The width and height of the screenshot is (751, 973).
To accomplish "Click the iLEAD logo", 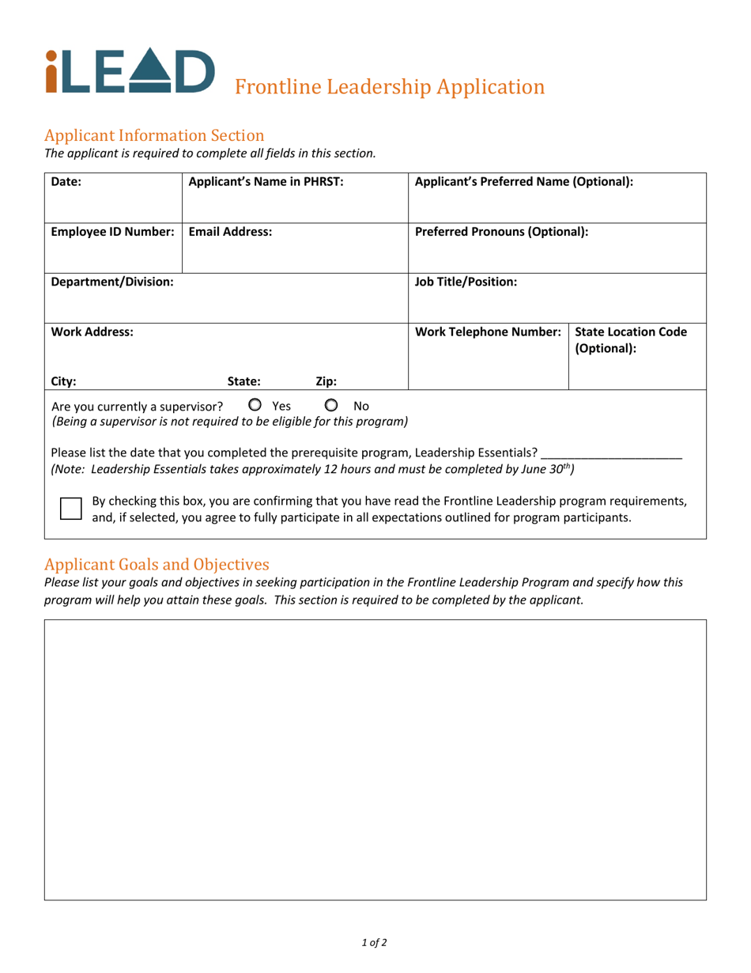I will [x=130, y=71].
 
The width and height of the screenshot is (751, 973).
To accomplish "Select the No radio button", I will [x=332, y=405].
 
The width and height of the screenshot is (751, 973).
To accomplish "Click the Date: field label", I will [x=66, y=181].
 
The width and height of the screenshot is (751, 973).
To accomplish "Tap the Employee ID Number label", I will [x=112, y=232].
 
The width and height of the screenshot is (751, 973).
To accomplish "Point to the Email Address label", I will [x=230, y=232].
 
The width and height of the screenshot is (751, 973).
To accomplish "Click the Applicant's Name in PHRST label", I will [x=266, y=181].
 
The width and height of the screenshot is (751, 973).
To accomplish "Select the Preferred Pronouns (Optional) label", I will [x=501, y=232].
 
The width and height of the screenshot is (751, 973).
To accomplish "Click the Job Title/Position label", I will [x=466, y=282].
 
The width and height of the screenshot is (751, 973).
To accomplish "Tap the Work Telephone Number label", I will [x=488, y=332].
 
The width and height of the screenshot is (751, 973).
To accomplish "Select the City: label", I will [x=64, y=380].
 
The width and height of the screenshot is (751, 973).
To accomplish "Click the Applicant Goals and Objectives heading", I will [x=157, y=564].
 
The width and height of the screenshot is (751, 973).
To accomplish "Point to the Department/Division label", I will [x=112, y=282].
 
